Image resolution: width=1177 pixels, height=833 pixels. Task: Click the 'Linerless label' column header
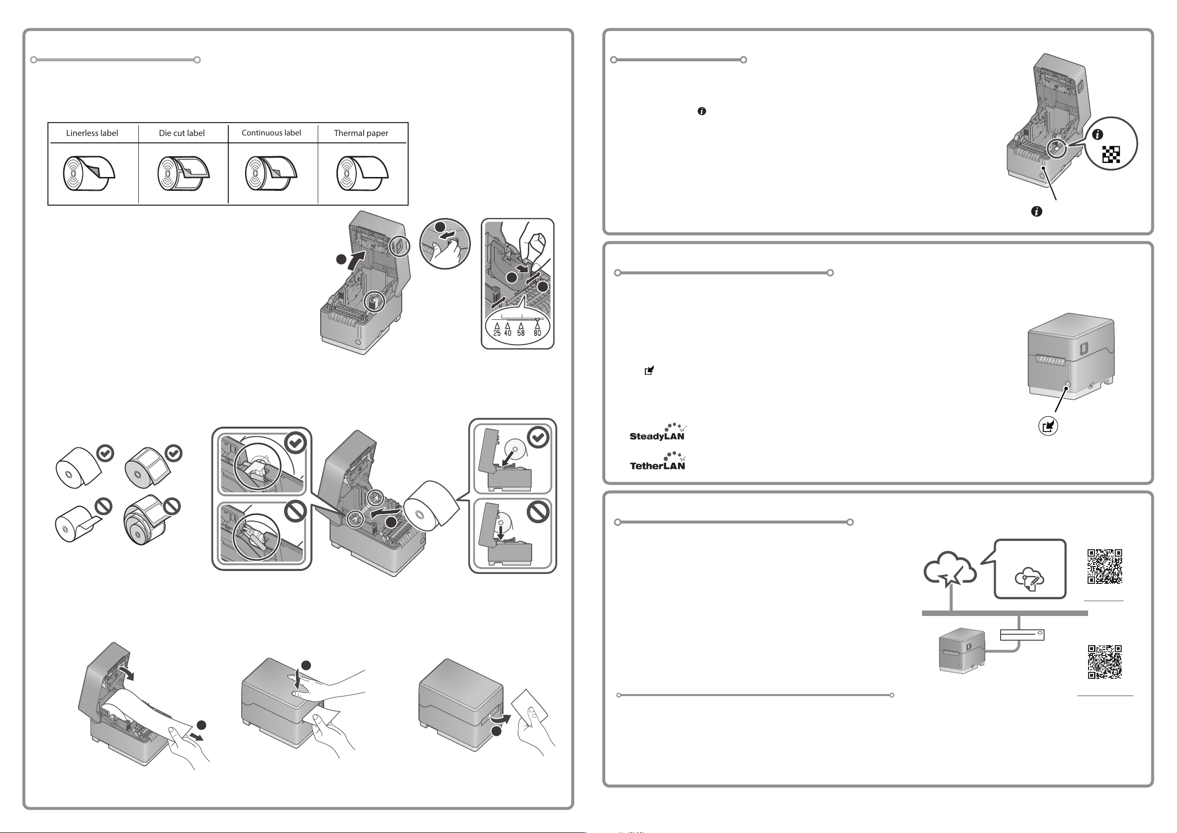click(92, 133)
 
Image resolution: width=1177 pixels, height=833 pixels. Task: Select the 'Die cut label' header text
click(181, 133)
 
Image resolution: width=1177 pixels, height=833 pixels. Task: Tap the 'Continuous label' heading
click(271, 133)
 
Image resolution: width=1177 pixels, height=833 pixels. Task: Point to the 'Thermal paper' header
click(361, 133)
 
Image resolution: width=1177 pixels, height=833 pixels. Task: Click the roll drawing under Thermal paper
click(362, 174)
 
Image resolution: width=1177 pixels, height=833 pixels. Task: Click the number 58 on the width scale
click(521, 333)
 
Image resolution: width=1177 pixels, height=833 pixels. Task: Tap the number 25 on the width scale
click(497, 333)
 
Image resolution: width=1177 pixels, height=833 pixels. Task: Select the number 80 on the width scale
click(537, 333)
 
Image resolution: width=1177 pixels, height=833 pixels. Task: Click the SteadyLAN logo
click(658, 433)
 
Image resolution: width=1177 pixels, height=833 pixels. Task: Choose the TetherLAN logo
click(658, 462)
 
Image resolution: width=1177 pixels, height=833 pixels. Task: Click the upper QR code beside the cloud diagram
click(1105, 566)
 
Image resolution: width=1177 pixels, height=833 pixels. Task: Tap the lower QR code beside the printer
click(1105, 662)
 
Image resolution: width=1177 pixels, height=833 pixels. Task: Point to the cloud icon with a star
click(949, 569)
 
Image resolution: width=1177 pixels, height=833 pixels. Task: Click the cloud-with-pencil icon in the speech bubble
click(1029, 579)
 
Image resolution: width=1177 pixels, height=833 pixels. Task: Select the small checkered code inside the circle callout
click(1111, 154)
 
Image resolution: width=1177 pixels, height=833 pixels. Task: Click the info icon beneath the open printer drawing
click(1037, 211)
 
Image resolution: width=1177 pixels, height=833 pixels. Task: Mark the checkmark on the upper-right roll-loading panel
click(538, 438)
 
